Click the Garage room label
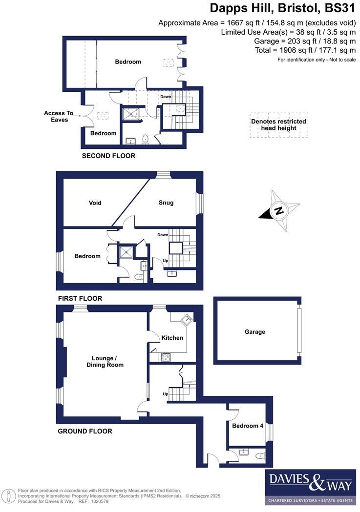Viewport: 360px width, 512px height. [255, 332]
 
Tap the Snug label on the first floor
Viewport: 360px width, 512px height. [166, 203]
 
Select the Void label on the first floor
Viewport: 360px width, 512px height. [95, 203]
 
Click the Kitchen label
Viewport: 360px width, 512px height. [172, 338]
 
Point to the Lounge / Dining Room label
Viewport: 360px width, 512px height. [105, 361]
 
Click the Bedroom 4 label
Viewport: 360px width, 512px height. [248, 426]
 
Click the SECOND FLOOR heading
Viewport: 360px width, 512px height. [108, 156]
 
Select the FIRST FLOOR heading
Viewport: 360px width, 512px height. [80, 298]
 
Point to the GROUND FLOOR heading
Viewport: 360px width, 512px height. [85, 431]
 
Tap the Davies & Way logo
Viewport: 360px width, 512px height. [310, 487]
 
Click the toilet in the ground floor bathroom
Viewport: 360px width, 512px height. [260, 456]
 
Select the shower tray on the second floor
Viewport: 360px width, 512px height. [131, 114]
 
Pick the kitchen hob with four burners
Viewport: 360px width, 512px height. [166, 357]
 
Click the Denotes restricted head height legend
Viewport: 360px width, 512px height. [278, 125]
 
